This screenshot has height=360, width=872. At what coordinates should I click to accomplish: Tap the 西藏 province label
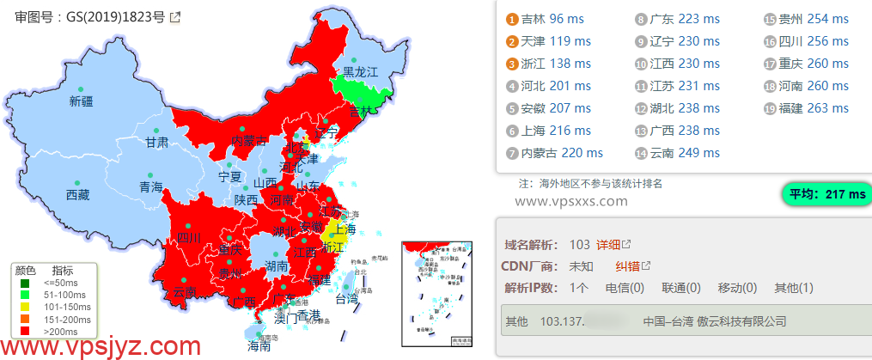[x=77, y=195]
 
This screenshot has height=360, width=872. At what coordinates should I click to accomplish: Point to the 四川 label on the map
[x=188, y=238]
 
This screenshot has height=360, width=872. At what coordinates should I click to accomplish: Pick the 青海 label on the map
[x=150, y=187]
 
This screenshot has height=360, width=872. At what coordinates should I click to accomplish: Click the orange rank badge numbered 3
[x=512, y=64]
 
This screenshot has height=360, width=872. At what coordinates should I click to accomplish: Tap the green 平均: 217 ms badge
[x=826, y=194]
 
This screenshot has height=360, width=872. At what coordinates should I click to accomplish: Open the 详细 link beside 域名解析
[x=607, y=245]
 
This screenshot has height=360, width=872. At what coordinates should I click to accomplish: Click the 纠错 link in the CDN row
[x=627, y=266]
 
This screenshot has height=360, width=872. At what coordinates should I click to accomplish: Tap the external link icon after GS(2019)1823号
[x=175, y=16]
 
